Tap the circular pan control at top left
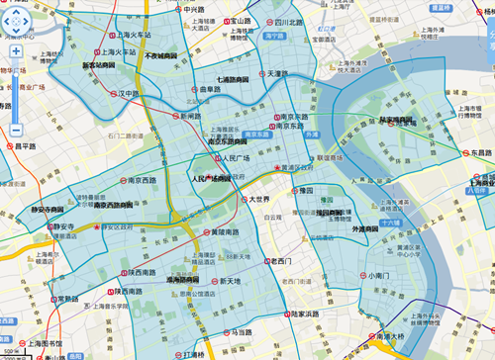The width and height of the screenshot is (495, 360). coord(17,24)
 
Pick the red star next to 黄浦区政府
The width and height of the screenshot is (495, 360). coord(278,169)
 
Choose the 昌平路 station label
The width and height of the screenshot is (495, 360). coord(30,145)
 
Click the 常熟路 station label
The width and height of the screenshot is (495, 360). coord(67,299)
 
